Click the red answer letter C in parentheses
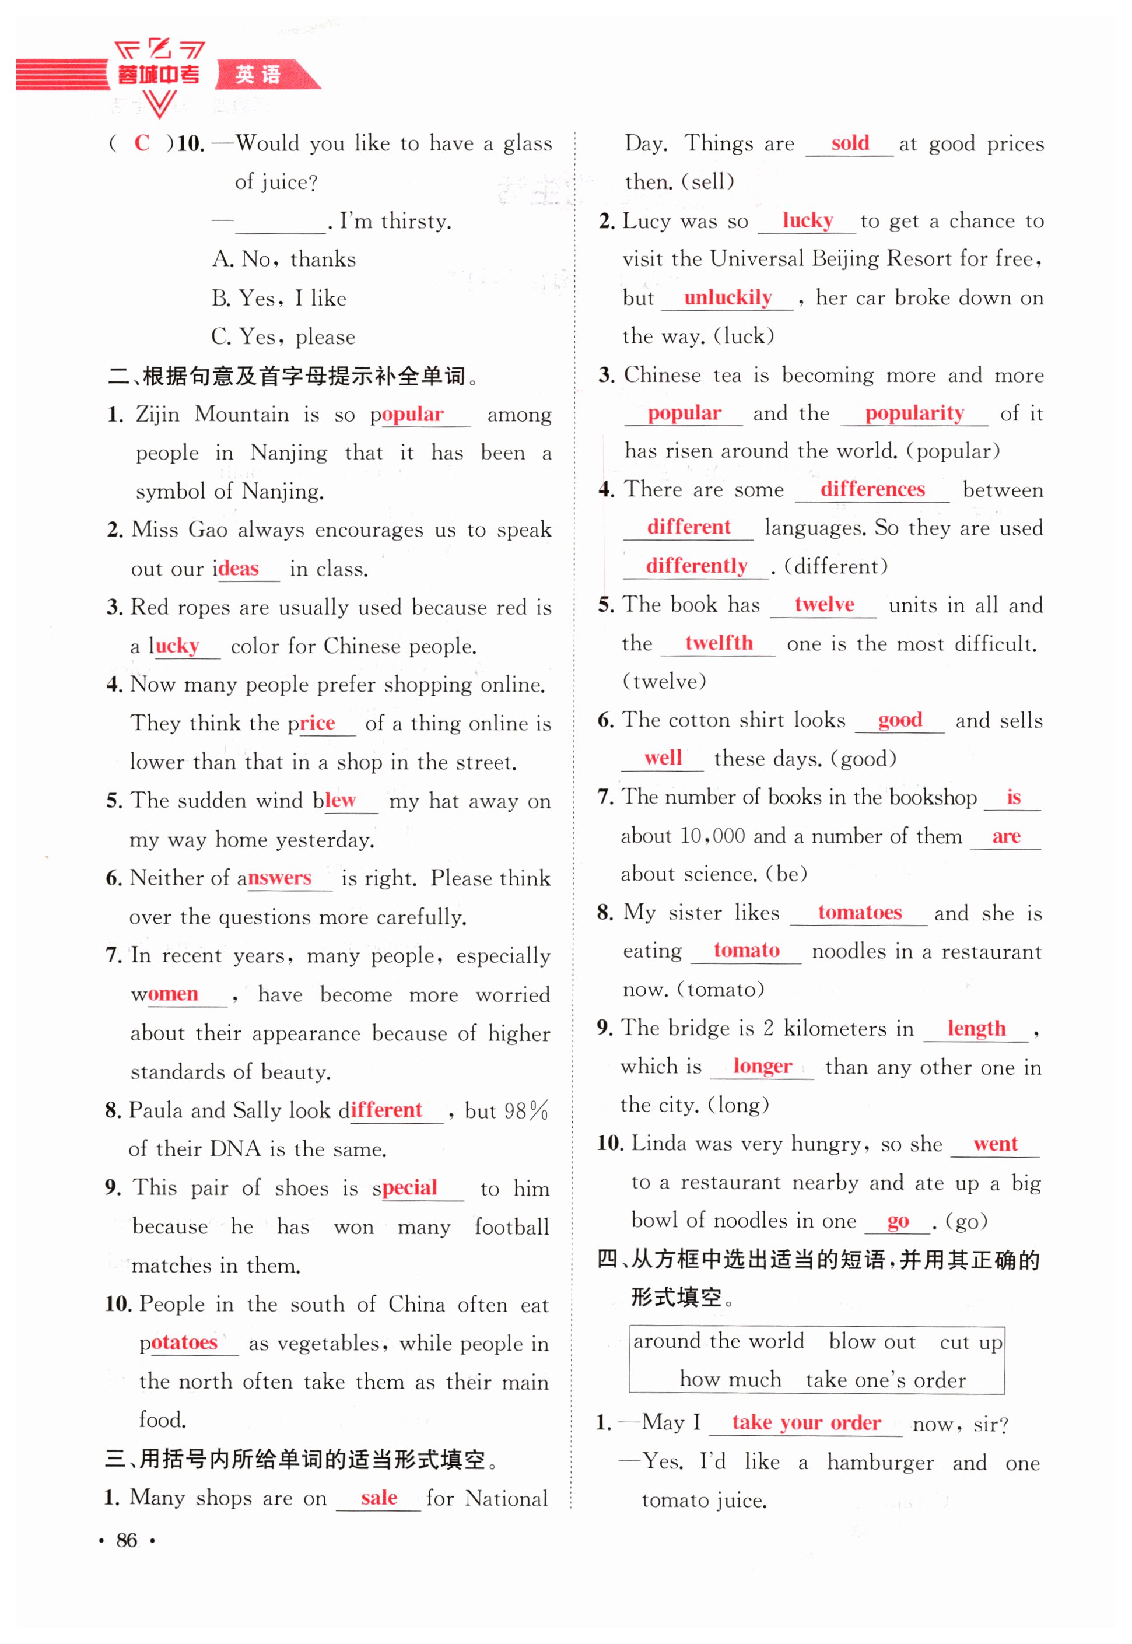[142, 143]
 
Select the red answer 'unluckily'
[727, 297]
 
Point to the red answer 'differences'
[872, 489]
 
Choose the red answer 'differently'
[696, 566]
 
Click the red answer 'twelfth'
[718, 643]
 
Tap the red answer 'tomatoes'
[859, 912]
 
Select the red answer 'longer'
[762, 1066]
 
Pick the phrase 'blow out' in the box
[872, 1341]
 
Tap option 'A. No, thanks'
[283, 259]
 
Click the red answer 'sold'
[850, 143]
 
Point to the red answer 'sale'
[378, 1497]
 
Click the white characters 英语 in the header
[258, 75]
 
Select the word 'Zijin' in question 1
[157, 414]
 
